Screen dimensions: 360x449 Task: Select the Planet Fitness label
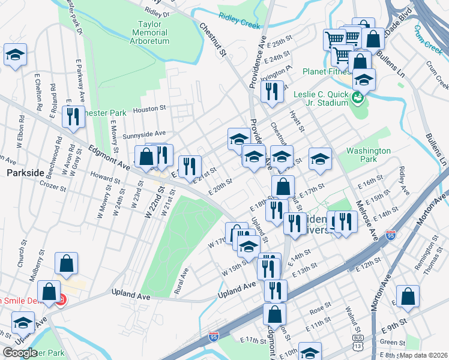coord(325,71)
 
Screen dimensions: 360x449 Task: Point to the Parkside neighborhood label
coord(25,173)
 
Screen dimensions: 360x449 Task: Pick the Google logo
coord(20,352)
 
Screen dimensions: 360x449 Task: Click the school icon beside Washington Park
coord(320,158)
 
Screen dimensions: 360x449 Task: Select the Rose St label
coord(316,311)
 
